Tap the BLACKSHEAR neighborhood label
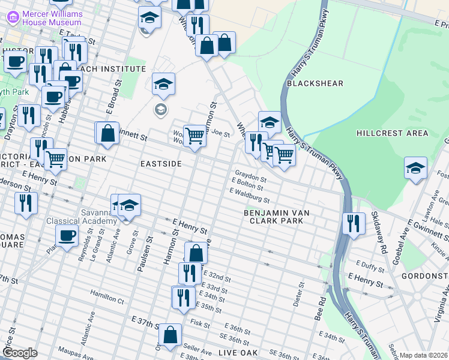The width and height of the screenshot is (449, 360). pos(315,83)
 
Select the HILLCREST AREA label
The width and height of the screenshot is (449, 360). pos(392,133)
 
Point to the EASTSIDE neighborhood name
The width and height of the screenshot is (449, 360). pos(161,164)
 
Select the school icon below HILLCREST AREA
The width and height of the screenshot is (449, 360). pos(415,168)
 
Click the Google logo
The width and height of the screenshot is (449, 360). pos(20,353)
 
